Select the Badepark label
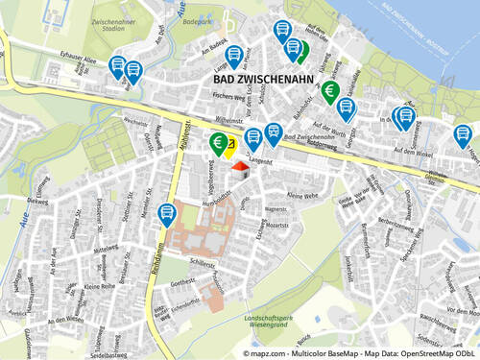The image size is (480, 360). click(199, 19)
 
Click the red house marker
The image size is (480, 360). click(240, 165)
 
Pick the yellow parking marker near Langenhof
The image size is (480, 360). click(231, 146)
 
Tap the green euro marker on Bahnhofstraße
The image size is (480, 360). click(330, 92)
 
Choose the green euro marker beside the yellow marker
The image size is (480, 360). click(218, 144)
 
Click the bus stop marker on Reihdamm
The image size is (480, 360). click(166, 213)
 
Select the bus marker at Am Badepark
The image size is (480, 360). click(234, 55)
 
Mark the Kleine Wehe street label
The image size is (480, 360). click(302, 195)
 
